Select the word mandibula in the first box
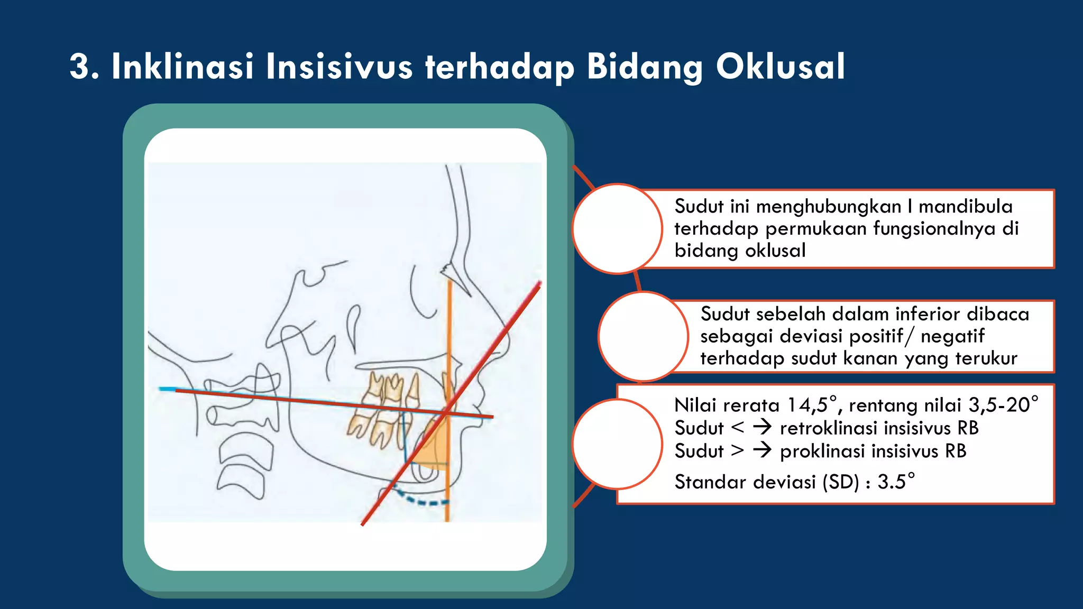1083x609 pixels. (x=965, y=206)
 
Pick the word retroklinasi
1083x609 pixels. (x=865, y=428)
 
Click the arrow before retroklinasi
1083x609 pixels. (x=762, y=427)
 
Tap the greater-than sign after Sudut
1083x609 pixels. (x=737, y=451)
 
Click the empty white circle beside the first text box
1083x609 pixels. (x=617, y=229)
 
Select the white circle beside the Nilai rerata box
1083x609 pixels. (x=617, y=444)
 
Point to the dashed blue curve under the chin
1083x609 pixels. (x=423, y=500)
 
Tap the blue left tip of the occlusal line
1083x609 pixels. (x=167, y=389)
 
